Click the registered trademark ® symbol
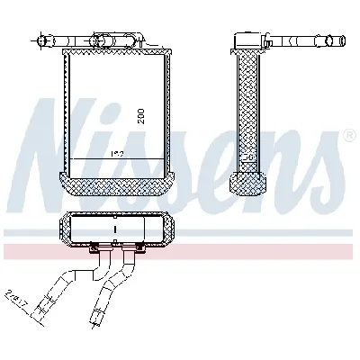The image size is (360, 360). click(x=348, y=135)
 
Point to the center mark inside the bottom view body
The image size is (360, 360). click(x=114, y=230)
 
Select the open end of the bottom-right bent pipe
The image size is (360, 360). click(x=94, y=317)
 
